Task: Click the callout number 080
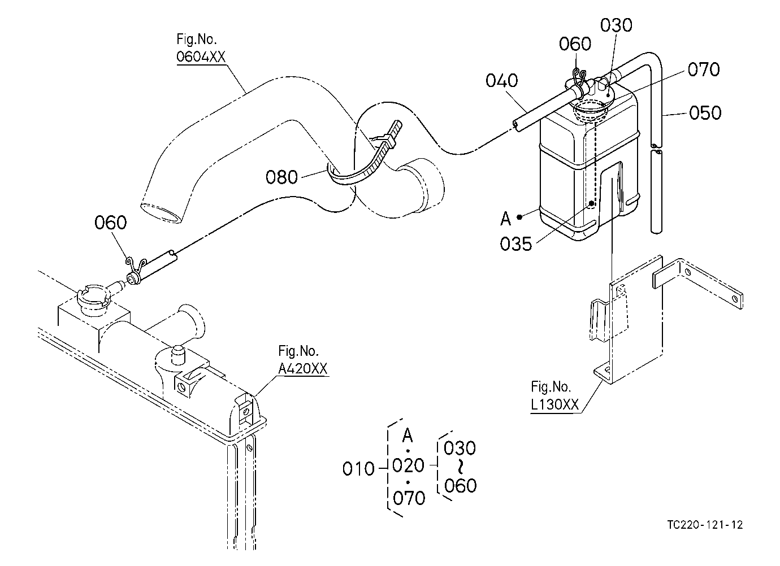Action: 281,177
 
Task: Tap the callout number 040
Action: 501,81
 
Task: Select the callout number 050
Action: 705,113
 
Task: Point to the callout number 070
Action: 704,69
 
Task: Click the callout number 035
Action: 516,243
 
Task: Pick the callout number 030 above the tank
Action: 616,25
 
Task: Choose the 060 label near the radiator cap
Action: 110,223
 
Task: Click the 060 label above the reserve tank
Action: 575,44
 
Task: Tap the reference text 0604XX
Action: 201,56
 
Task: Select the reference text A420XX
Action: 303,368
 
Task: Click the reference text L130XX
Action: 554,404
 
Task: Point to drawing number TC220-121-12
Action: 705,525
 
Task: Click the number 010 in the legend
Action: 358,469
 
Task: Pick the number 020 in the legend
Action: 408,465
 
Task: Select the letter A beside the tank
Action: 506,219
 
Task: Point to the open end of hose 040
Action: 517,126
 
